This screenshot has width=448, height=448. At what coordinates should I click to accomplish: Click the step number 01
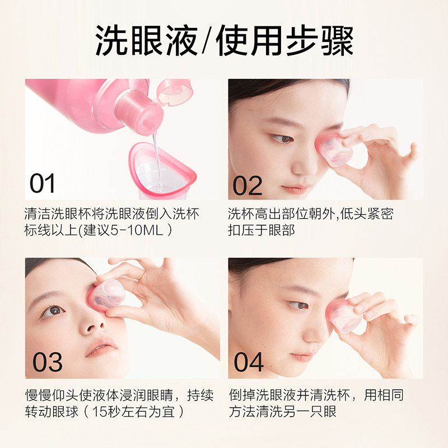(x=43, y=184)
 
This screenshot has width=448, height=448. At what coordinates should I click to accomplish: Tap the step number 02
(x=248, y=184)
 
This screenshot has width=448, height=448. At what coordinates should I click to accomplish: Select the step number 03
(x=47, y=362)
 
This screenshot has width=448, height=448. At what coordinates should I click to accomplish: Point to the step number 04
(x=249, y=362)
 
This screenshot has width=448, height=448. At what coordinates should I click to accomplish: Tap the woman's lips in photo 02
(x=294, y=188)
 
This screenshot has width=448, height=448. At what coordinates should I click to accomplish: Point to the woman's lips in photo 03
(x=101, y=348)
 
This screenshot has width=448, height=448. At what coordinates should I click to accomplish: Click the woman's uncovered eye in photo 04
(x=298, y=305)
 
